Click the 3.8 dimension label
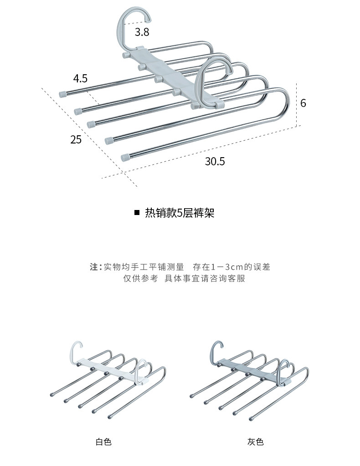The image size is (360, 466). pyautogui.click(x=142, y=32)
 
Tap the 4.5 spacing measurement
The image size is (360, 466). pyautogui.click(x=80, y=78)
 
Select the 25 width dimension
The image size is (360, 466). pyautogui.click(x=76, y=139)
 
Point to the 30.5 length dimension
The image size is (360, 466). pyautogui.click(x=215, y=161)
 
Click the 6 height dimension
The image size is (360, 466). pyautogui.click(x=303, y=103)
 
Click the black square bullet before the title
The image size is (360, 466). pyautogui.click(x=137, y=212)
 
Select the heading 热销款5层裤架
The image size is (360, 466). pyautogui.click(x=180, y=213)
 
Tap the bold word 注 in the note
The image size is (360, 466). pyautogui.click(x=94, y=266)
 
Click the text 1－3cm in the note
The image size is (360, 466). pyautogui.click(x=227, y=266)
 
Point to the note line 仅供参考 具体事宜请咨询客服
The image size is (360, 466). pyautogui.click(x=184, y=278)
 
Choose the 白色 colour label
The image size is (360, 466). pyautogui.click(x=103, y=442)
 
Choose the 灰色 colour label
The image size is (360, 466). pyautogui.click(x=255, y=442)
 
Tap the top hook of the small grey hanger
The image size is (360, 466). pyautogui.click(x=216, y=349)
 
